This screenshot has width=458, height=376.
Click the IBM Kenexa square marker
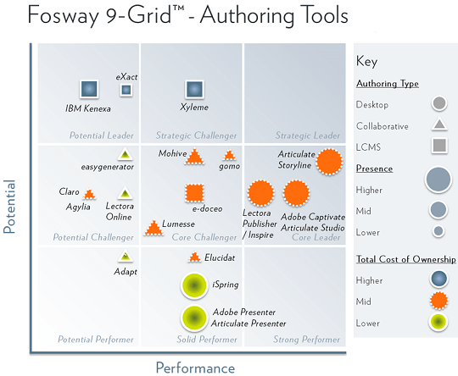(x=89, y=89)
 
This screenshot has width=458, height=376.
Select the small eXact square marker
(x=126, y=90)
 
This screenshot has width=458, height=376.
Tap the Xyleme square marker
(x=194, y=89)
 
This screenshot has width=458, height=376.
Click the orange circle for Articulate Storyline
(x=329, y=162)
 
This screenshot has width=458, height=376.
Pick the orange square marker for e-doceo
(x=194, y=193)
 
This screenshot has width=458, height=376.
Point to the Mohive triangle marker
(x=194, y=157)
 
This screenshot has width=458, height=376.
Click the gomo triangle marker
(x=229, y=155)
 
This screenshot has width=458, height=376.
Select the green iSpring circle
(x=194, y=285)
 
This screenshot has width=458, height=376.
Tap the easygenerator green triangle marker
(x=125, y=154)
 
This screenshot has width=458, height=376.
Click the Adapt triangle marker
(x=126, y=256)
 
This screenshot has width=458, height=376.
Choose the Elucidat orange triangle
(x=194, y=257)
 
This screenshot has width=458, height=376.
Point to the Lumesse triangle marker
(x=154, y=228)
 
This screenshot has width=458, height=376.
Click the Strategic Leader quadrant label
(x=308, y=135)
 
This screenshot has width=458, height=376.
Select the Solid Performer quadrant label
(x=207, y=340)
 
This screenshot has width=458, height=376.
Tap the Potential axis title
(x=9, y=207)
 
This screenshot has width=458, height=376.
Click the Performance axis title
(x=195, y=368)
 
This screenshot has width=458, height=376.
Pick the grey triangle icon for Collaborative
(x=439, y=124)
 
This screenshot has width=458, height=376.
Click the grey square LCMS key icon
(x=439, y=146)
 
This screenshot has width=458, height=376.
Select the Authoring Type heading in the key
(x=388, y=84)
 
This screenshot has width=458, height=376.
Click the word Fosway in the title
(x=64, y=15)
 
